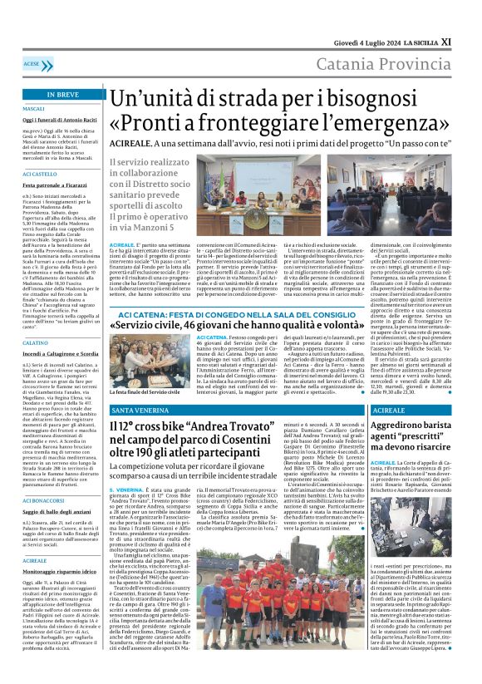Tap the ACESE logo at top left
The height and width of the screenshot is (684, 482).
point(32,63)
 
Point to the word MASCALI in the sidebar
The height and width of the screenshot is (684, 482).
point(34,109)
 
